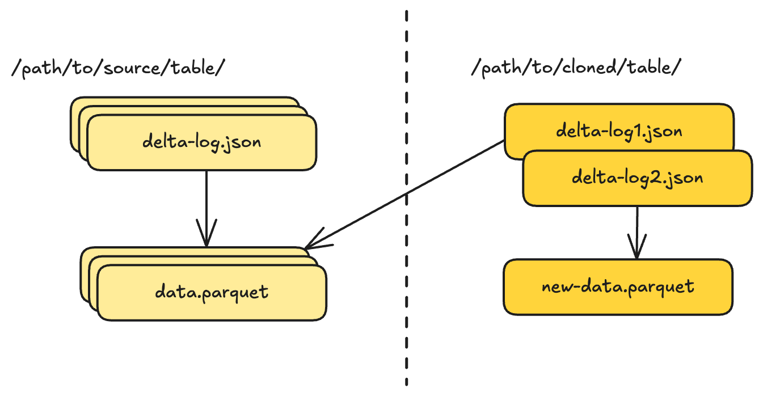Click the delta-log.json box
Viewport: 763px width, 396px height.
(x=201, y=142)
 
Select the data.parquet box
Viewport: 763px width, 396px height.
(x=212, y=293)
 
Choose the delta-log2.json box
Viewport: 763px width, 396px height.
(x=637, y=178)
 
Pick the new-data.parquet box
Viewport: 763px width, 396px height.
(x=618, y=287)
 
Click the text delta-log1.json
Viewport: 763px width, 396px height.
(x=618, y=131)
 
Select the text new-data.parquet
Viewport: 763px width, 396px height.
(x=618, y=287)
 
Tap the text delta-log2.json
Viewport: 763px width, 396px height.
(x=637, y=178)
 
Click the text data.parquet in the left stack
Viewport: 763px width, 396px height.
(x=212, y=293)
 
